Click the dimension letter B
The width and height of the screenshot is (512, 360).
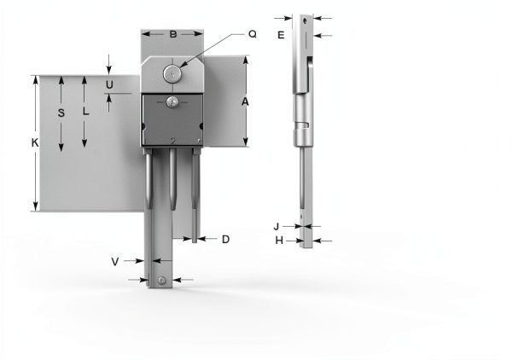[x=173, y=34]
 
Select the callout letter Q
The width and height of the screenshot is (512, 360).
[x=253, y=34]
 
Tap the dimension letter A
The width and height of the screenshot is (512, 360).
[x=245, y=102]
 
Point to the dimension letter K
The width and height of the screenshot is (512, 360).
[x=35, y=142]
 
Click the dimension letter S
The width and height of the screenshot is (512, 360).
[x=61, y=113]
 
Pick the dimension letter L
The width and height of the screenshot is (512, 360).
[x=85, y=111]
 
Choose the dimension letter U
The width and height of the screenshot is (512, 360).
[x=109, y=84]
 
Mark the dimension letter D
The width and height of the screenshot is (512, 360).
[x=225, y=239]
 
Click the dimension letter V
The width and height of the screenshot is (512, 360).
[x=115, y=262]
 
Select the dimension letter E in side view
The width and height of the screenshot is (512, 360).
[x=281, y=35]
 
